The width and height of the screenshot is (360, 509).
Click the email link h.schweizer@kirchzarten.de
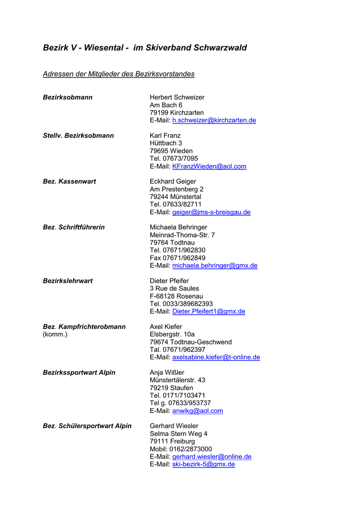point(214,120)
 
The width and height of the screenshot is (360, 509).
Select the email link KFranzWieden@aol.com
point(209,167)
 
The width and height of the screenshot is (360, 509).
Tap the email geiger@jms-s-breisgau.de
point(211,212)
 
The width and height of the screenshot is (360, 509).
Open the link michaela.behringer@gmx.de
point(215,266)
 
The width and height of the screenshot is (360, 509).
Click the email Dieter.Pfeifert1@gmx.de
point(208,312)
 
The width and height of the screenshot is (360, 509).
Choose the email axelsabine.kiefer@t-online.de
point(216,357)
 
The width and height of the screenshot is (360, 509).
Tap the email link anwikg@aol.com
point(197,411)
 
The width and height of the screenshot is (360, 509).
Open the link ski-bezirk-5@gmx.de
point(203,464)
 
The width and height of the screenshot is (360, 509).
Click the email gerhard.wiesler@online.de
point(212,457)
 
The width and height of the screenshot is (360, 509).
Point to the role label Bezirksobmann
point(68,97)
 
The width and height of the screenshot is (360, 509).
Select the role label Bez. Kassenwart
point(69,181)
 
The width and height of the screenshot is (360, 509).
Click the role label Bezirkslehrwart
point(68,281)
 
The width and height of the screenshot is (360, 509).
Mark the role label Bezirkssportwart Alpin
point(79,372)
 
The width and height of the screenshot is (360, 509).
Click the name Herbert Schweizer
point(177,97)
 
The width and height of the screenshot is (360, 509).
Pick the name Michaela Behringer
point(179,227)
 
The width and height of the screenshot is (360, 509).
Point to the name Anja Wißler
point(167,372)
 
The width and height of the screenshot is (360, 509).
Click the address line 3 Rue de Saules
point(174,288)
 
